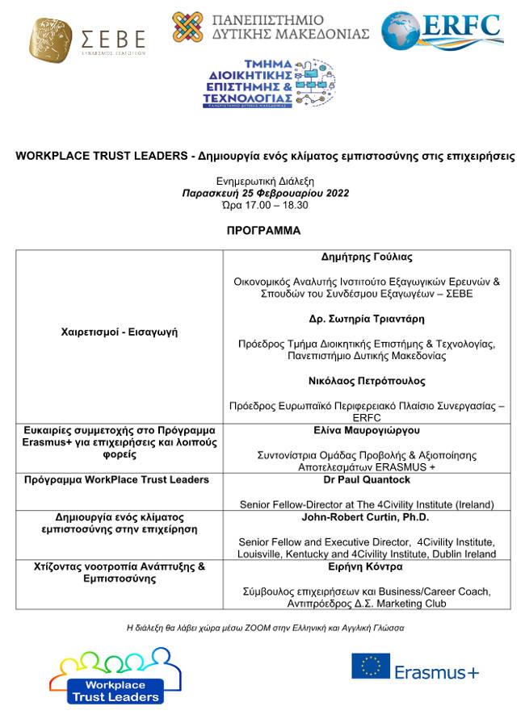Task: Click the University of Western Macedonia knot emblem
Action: point(187,27)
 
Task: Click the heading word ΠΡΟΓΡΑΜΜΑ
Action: point(263,231)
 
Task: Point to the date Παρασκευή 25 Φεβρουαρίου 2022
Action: point(265,194)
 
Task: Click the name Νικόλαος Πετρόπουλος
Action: point(367,380)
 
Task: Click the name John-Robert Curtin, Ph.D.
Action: point(367,516)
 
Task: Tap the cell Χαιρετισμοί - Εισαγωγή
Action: point(120,332)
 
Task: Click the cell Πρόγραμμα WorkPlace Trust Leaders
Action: point(120,479)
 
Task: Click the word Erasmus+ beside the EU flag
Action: point(437,671)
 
